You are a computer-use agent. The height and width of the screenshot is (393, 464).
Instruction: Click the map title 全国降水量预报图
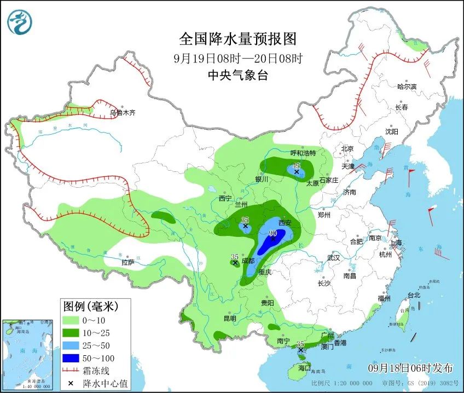click(238, 39)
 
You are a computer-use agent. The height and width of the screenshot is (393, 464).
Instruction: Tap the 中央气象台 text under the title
click(238, 76)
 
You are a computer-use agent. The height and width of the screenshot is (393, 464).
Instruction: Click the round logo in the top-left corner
click(20, 22)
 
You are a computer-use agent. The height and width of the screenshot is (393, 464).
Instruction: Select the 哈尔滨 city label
click(407, 86)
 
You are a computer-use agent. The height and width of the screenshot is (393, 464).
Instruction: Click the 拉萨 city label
click(128, 263)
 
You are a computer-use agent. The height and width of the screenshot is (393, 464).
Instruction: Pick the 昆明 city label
click(230, 319)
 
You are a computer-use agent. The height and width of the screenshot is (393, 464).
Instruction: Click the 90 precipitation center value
click(274, 233)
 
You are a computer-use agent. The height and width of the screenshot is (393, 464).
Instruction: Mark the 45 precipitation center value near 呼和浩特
click(297, 166)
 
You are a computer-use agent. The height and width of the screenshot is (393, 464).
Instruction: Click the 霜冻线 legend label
click(98, 371)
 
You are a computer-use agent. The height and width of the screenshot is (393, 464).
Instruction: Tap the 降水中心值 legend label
click(105, 383)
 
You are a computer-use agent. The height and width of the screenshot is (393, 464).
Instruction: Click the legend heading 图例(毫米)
click(89, 305)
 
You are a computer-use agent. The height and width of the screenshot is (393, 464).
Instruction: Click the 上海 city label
click(395, 242)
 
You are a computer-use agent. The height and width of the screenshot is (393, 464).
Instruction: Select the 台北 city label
click(414, 295)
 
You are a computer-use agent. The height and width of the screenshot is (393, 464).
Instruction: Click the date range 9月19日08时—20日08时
click(238, 58)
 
